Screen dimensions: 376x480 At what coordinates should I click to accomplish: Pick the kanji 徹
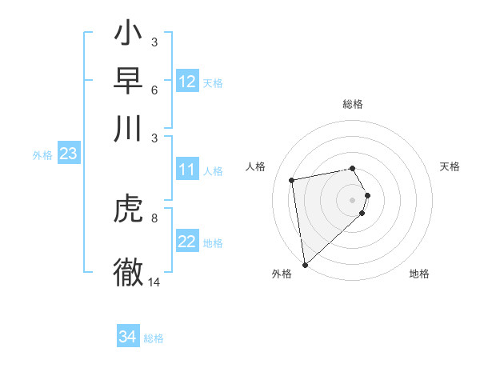(128, 270)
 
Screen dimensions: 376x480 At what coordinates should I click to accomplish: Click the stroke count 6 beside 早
(154, 90)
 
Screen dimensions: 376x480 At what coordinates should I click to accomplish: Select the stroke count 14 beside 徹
(154, 282)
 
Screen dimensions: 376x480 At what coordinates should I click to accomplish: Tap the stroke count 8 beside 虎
(154, 217)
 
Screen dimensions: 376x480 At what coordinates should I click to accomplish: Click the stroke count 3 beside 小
(154, 42)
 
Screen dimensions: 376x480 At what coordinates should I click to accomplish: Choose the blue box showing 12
(187, 82)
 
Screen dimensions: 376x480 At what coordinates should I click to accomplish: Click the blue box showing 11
(187, 170)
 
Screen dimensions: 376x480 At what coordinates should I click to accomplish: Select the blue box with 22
(187, 242)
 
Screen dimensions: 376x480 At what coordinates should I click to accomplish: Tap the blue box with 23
(68, 154)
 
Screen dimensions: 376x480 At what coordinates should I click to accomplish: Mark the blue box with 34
(127, 338)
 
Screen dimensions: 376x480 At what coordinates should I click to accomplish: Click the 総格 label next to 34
(154, 339)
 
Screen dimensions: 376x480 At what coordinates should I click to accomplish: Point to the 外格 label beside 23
(42, 156)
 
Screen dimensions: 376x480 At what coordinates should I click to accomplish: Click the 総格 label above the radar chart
(353, 104)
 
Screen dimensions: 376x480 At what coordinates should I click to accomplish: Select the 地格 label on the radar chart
(419, 274)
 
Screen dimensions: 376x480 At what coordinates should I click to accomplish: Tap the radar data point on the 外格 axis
(305, 264)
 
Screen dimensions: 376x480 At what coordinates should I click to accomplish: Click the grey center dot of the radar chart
(353, 198)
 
